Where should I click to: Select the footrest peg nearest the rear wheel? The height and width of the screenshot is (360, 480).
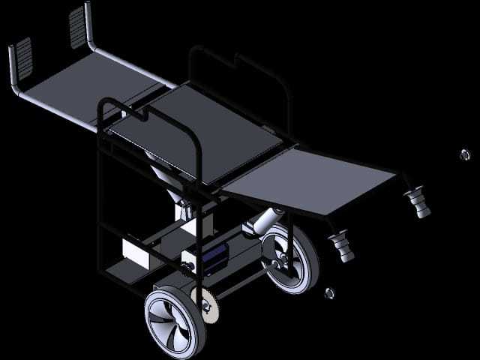341,247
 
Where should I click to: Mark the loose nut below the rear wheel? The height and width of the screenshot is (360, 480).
328,292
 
